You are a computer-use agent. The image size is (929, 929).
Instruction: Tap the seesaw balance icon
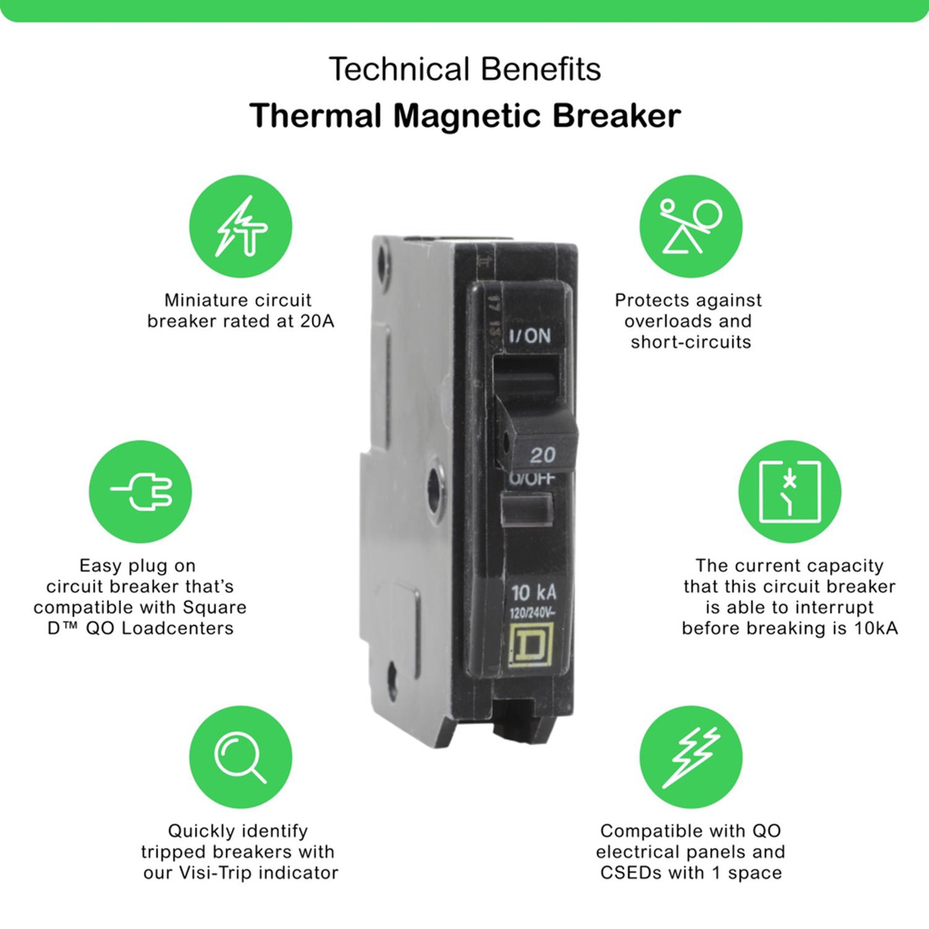[x=691, y=226]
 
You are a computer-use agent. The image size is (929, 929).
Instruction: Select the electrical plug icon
[x=140, y=492]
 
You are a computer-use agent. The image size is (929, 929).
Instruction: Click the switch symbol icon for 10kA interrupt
[x=790, y=492]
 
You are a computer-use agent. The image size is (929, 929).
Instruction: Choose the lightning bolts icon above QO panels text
[x=691, y=757]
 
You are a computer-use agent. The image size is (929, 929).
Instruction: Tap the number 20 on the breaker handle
[x=543, y=454]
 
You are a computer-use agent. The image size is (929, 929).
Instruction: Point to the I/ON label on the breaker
[x=530, y=335]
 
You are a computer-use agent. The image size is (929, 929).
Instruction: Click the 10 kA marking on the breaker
[x=533, y=594]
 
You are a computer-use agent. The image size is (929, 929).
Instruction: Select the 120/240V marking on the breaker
[x=533, y=614]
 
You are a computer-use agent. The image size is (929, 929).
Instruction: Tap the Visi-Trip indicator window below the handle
[x=527, y=509]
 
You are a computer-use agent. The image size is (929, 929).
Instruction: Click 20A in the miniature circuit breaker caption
[x=317, y=321]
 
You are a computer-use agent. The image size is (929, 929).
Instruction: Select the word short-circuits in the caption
[x=691, y=342]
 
